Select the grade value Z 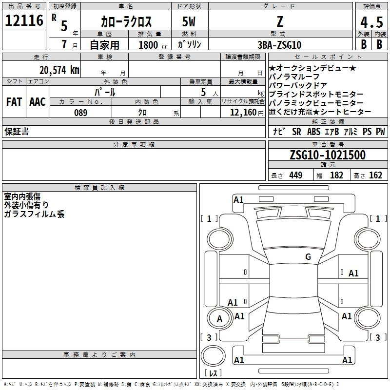(279, 21)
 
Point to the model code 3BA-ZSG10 (279, 44)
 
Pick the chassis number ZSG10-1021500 (327, 155)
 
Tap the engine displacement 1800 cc (151, 45)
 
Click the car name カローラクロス (126, 22)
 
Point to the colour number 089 (81, 113)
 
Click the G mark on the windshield (308, 257)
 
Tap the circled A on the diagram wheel (219, 319)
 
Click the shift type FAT (14, 102)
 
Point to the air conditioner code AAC (38, 102)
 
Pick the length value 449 (295, 175)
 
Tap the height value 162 (375, 175)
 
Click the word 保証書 (16, 132)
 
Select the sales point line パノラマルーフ (294, 77)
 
